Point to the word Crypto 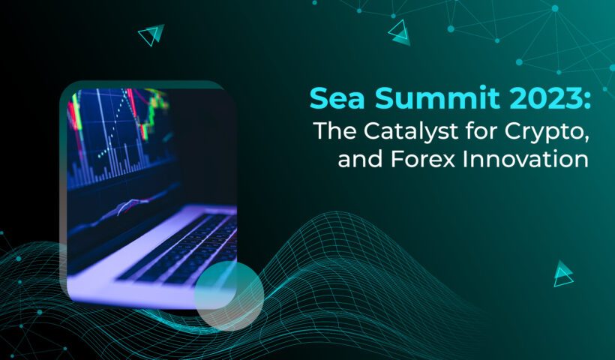click(543, 132)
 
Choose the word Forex click(422, 160)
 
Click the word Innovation click(526, 160)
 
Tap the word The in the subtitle click(335, 130)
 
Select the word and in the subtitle click(360, 160)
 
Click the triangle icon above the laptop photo click(151, 35)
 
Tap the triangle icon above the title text click(399, 32)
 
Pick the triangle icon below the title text click(563, 273)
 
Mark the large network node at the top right click(555, 8)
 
